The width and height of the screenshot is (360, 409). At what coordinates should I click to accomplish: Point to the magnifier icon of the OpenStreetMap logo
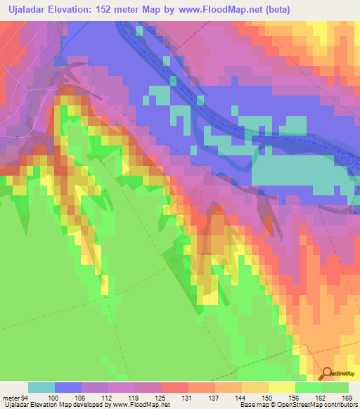[x=326, y=374]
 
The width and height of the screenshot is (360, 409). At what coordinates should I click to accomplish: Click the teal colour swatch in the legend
[x=41, y=387]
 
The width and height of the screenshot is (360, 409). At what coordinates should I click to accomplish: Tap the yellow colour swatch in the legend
[x=282, y=387]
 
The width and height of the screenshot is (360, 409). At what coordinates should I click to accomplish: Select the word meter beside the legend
[x=12, y=397]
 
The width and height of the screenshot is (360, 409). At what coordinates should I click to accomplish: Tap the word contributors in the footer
[x=340, y=405]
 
